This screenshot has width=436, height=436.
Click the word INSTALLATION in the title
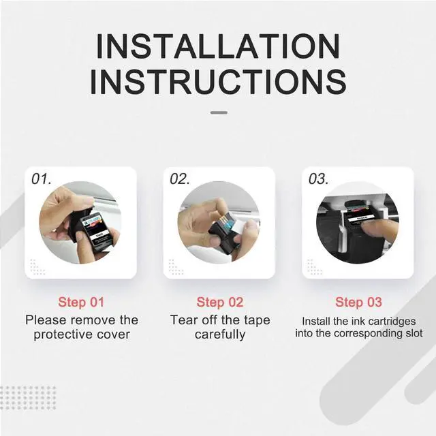point(218,46)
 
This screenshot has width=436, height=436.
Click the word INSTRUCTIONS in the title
point(218,82)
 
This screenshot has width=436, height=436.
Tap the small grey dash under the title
point(219,112)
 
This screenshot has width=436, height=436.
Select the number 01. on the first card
point(41,178)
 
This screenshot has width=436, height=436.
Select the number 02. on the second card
point(180,178)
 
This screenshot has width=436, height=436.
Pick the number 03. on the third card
point(318,178)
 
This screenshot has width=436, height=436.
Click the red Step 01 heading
point(81,302)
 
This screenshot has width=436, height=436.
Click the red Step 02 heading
point(220,302)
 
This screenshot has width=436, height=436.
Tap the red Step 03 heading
point(359,302)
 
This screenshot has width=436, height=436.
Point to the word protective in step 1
point(63,334)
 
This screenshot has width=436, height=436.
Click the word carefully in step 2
point(220,334)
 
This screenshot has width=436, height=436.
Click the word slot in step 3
point(414,333)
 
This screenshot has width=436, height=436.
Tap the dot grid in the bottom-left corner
point(28,398)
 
